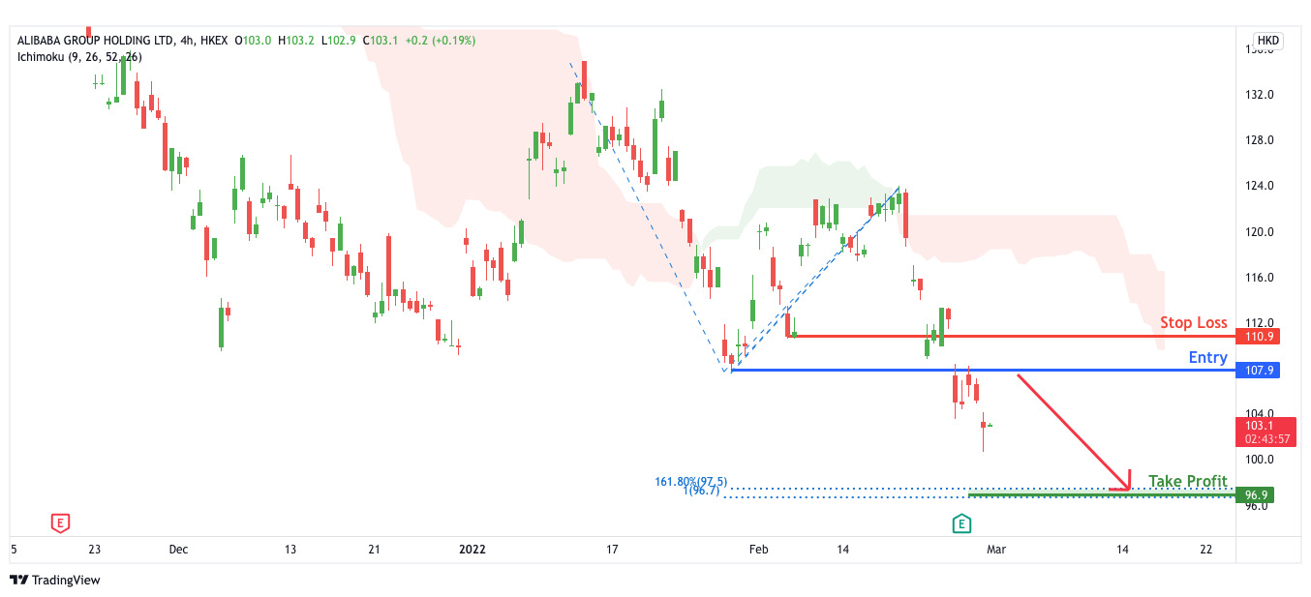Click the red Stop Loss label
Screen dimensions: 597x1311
(x=1194, y=322)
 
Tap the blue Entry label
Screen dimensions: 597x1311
(x=1207, y=357)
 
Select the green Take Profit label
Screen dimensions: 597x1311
(x=1187, y=481)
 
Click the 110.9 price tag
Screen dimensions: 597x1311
(x=1257, y=337)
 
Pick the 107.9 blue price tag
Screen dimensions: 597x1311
(x=1257, y=371)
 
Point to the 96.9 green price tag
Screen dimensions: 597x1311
(x=1257, y=495)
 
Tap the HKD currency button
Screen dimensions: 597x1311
(x=1267, y=41)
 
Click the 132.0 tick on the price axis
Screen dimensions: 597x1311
(x=1259, y=95)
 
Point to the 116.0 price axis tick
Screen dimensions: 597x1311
(x=1259, y=278)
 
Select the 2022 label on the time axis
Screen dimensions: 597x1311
(x=472, y=549)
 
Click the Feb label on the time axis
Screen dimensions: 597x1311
(x=758, y=549)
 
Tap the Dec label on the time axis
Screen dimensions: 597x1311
(x=178, y=549)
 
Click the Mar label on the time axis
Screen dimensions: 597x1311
(x=995, y=549)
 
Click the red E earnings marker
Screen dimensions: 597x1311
(x=60, y=523)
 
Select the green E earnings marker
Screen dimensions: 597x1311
(x=961, y=523)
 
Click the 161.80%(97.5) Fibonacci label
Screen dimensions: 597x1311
(x=690, y=482)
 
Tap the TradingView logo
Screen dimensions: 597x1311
(x=55, y=580)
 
